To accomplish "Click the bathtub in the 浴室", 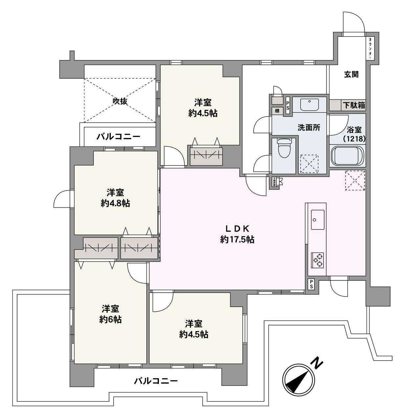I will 347,156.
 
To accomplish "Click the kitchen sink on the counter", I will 317,219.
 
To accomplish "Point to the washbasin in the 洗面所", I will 309,105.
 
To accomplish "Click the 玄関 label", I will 351,75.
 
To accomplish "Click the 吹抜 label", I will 120,101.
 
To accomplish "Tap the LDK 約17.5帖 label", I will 237,234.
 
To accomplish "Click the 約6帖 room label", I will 110,314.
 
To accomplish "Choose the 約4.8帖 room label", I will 115,198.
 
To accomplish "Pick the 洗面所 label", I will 309,128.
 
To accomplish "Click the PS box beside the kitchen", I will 311,284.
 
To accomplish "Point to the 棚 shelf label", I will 277,111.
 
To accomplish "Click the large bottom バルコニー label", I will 156,381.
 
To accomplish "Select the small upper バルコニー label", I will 118,137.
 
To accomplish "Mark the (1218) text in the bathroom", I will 354,139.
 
